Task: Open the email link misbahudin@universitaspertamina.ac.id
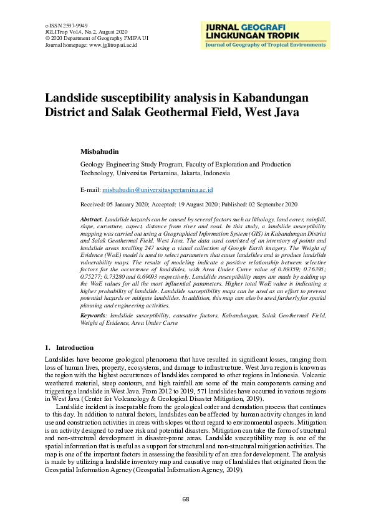click(158, 189)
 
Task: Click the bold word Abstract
click(92, 221)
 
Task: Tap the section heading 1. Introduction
click(70, 347)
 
